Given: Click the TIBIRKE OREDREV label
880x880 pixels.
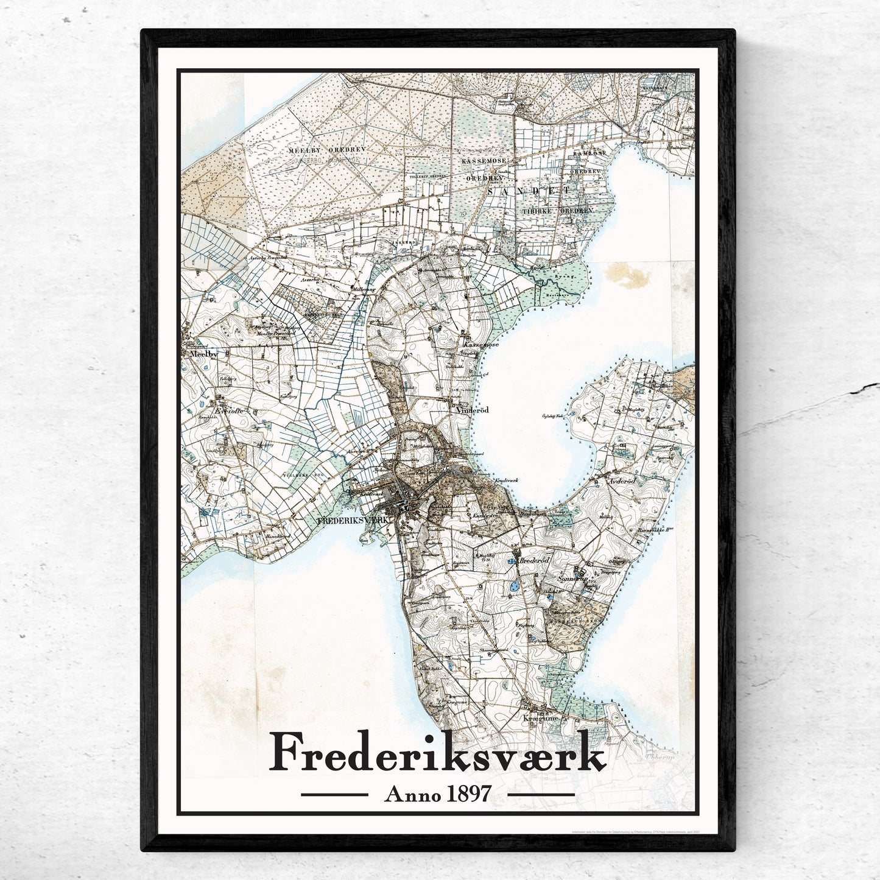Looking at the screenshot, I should click(x=557, y=210).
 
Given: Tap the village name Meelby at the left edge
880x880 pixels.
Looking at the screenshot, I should click(x=196, y=353).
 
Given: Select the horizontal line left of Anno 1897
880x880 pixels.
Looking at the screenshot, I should click(x=334, y=795).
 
